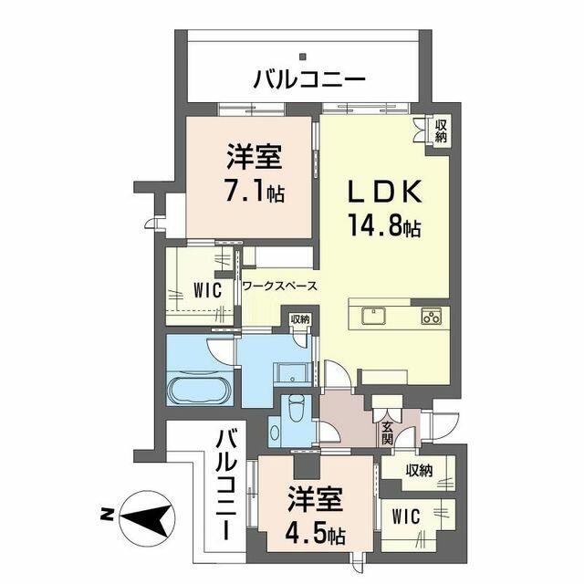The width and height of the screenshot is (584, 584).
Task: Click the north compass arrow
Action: coord(148,517)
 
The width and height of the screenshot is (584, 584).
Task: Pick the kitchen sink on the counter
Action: coord(374,317)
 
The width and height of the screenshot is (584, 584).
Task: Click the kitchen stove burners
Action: coord(430,317)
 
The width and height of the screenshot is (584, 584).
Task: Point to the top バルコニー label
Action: coord(308,79)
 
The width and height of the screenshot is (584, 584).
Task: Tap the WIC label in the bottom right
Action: coord(407,516)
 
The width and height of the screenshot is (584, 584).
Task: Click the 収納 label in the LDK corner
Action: coord(440,130)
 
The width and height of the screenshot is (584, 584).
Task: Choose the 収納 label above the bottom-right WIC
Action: coord(419,471)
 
